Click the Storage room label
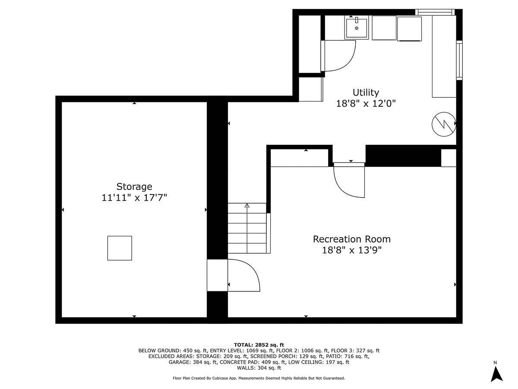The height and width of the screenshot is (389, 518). coord(134,187)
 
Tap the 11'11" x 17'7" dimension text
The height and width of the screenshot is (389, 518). coord(134,198)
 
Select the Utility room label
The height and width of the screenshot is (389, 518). coord(366,92)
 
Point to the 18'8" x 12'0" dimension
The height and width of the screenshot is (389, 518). coord(366,104)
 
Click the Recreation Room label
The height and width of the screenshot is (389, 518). coord(351,239)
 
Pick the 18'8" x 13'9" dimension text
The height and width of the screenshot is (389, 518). coord(351,250)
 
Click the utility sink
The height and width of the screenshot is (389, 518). coord(357,28)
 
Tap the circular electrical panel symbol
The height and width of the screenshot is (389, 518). coord(444,124)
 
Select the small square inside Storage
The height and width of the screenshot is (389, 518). coord(120,248)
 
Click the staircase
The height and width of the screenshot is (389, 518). coord(247,229)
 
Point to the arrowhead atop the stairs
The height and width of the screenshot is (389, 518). coord(247,206)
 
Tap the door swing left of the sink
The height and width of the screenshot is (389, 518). coord(339,56)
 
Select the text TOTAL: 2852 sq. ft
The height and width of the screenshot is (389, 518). coord(259,344)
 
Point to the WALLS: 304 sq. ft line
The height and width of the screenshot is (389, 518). coord(259,368)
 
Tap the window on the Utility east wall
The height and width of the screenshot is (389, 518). coord(459,60)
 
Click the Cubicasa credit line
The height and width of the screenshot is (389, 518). coord(259,378)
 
